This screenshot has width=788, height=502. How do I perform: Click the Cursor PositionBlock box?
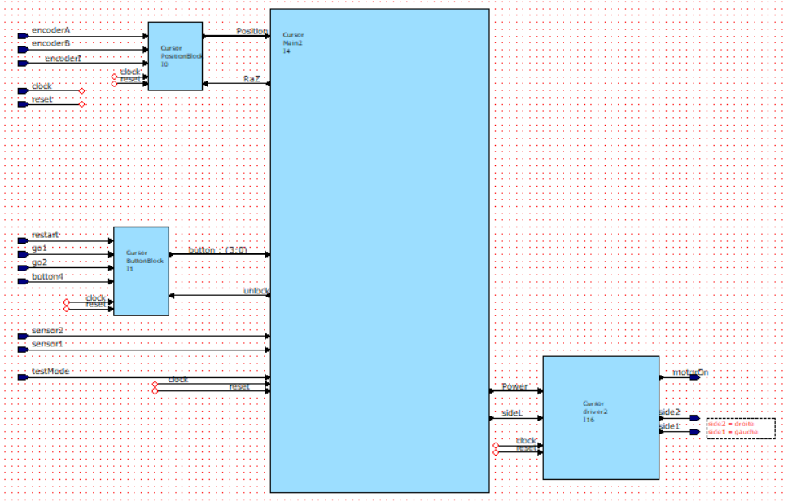point(175,55)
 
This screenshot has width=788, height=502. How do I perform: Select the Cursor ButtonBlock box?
point(141,271)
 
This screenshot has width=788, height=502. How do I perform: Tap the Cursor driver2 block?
point(601,417)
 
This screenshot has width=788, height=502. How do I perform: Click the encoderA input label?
point(51,30)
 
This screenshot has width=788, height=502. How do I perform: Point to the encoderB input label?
point(51,43)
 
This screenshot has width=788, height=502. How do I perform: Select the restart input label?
point(46,235)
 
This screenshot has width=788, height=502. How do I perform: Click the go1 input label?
point(40,248)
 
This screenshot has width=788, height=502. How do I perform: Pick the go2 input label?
point(40,262)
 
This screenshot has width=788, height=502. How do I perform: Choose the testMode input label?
point(50,372)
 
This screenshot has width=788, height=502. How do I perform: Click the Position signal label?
point(252,31)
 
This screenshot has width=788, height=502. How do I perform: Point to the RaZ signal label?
point(252,79)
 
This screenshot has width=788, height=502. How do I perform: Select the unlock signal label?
point(256,291)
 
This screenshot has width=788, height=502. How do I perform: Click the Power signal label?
point(514,386)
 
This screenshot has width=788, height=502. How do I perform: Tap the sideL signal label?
point(512,413)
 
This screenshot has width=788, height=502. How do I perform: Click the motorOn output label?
point(689,372)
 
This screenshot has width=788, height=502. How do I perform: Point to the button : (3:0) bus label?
point(218,250)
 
